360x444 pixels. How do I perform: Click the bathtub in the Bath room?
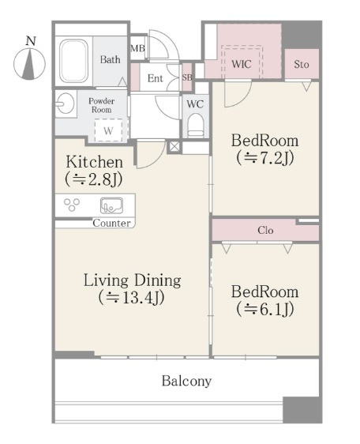click(x=73, y=61)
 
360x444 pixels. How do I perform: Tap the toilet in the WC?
click(x=196, y=125)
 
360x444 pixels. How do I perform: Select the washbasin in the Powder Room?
click(x=65, y=103)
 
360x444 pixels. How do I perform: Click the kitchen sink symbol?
click(x=111, y=205)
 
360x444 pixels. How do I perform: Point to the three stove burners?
click(x=72, y=205)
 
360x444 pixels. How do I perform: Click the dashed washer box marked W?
click(x=108, y=130)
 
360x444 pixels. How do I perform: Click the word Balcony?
click(x=186, y=382)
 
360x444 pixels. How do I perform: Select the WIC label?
click(x=241, y=64)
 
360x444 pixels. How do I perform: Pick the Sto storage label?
click(x=302, y=64)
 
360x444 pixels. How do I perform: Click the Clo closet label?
click(x=265, y=230)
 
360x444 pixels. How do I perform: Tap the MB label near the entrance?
click(x=137, y=48)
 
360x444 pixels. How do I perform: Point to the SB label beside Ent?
click(x=187, y=77)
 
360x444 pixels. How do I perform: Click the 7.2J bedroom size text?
click(x=265, y=158)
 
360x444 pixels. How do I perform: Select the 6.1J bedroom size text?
click(x=265, y=309)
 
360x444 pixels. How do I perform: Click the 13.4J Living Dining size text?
click(x=132, y=298)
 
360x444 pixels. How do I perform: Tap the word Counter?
click(x=111, y=223)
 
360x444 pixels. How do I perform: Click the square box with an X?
click(x=174, y=147)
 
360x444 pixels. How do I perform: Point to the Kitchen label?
click(x=95, y=162)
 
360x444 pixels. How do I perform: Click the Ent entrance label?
click(x=155, y=78)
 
